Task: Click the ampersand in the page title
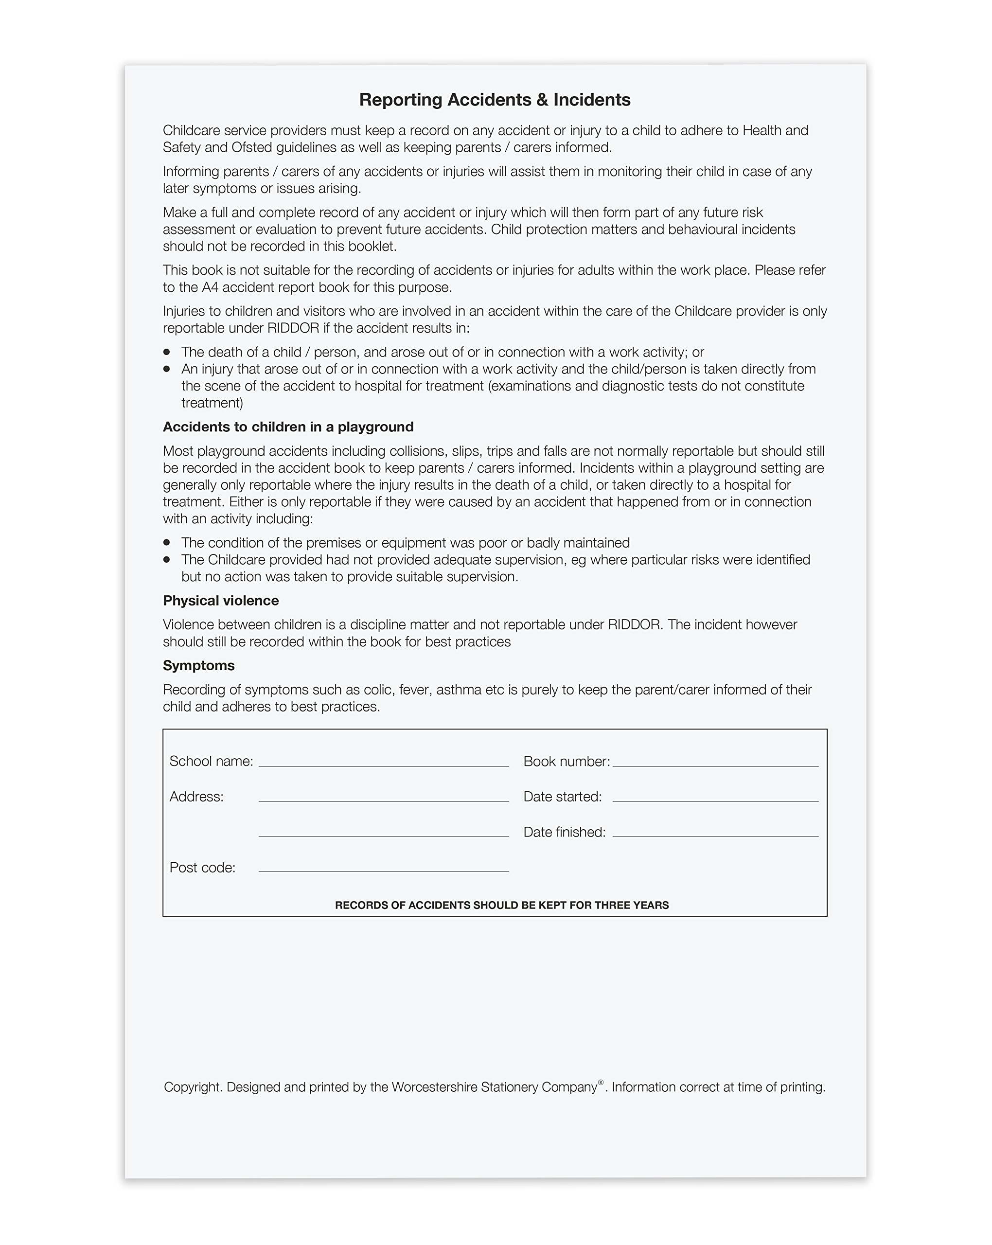pyautogui.click(x=542, y=100)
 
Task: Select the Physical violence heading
pyautogui.click(x=221, y=601)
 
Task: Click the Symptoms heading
pyautogui.click(x=198, y=665)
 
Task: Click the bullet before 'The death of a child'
pyautogui.click(x=167, y=352)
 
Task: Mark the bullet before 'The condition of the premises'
pyautogui.click(x=167, y=542)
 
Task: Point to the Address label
pyautogui.click(x=196, y=797)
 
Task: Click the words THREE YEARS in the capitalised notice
pyautogui.click(x=632, y=905)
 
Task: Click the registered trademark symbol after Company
pyautogui.click(x=601, y=1082)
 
